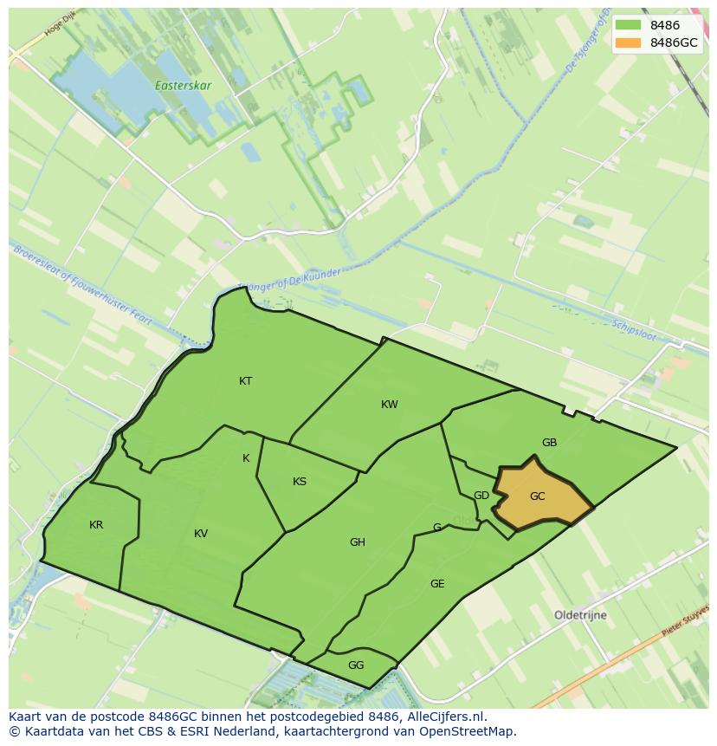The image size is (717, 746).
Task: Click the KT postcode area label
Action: click(x=246, y=381)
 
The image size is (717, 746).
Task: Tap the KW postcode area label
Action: click(x=390, y=405)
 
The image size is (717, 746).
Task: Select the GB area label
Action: click(x=549, y=443)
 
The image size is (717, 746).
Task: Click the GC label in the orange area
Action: click(x=538, y=496)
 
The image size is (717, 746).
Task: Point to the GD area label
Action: click(x=481, y=496)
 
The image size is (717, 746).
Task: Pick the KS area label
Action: click(x=300, y=482)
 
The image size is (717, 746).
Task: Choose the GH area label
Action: click(x=358, y=542)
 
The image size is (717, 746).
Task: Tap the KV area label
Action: click(x=201, y=534)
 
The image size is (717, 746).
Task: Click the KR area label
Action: click(x=96, y=525)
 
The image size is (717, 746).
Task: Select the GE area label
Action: click(x=437, y=584)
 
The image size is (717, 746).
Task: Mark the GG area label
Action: click(x=356, y=665)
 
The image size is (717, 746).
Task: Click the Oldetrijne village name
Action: click(x=580, y=615)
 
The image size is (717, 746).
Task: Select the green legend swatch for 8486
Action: click(x=628, y=26)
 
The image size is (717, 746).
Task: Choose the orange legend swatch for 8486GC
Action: click(x=628, y=42)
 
